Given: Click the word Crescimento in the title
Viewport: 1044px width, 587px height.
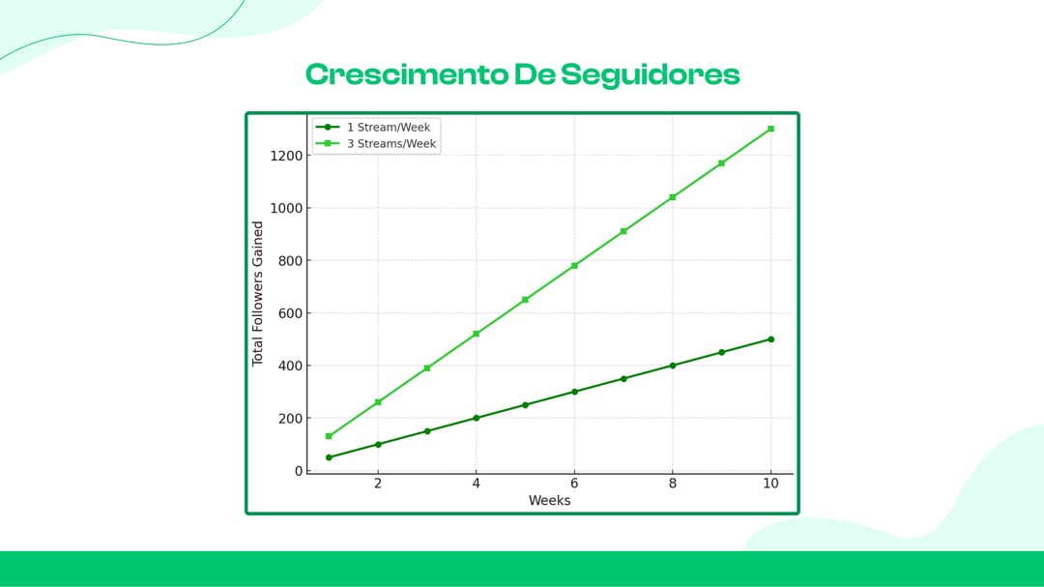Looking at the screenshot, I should coord(406,74).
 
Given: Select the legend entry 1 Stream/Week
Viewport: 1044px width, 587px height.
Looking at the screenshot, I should coord(388,127).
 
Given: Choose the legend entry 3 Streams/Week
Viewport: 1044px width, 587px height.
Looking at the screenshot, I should coord(391,143).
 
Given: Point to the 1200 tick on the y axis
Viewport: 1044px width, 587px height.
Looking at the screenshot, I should coord(286,155).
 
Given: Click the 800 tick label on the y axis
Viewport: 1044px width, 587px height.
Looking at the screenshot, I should coord(290,260).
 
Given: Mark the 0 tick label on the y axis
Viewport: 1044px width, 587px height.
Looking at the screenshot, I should coord(299,471).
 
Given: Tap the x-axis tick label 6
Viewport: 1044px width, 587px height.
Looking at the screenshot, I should coord(574,484).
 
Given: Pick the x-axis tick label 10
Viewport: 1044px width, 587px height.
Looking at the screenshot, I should coord(770,484).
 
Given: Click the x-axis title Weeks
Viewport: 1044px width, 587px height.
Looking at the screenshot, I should coord(549,501).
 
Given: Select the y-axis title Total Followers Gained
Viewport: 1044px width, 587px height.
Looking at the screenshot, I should coord(258,294).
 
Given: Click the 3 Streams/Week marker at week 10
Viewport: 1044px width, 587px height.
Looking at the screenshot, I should coord(770,129).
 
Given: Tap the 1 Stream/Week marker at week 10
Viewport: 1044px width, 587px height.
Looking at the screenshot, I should coord(770,339).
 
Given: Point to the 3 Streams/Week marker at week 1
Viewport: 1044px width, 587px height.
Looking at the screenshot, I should coord(329,436).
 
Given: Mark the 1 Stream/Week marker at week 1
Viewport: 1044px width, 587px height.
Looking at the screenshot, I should coord(329,457).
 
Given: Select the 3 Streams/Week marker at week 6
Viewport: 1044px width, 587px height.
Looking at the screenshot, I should coord(574,265).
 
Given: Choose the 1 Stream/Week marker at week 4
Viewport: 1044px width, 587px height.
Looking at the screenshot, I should coord(476,418).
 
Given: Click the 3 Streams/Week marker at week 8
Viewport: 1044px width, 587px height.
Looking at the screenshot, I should coord(673,197).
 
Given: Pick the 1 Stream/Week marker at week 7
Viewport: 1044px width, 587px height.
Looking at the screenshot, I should coord(623,378).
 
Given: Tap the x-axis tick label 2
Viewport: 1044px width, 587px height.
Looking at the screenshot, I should coord(378,484).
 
